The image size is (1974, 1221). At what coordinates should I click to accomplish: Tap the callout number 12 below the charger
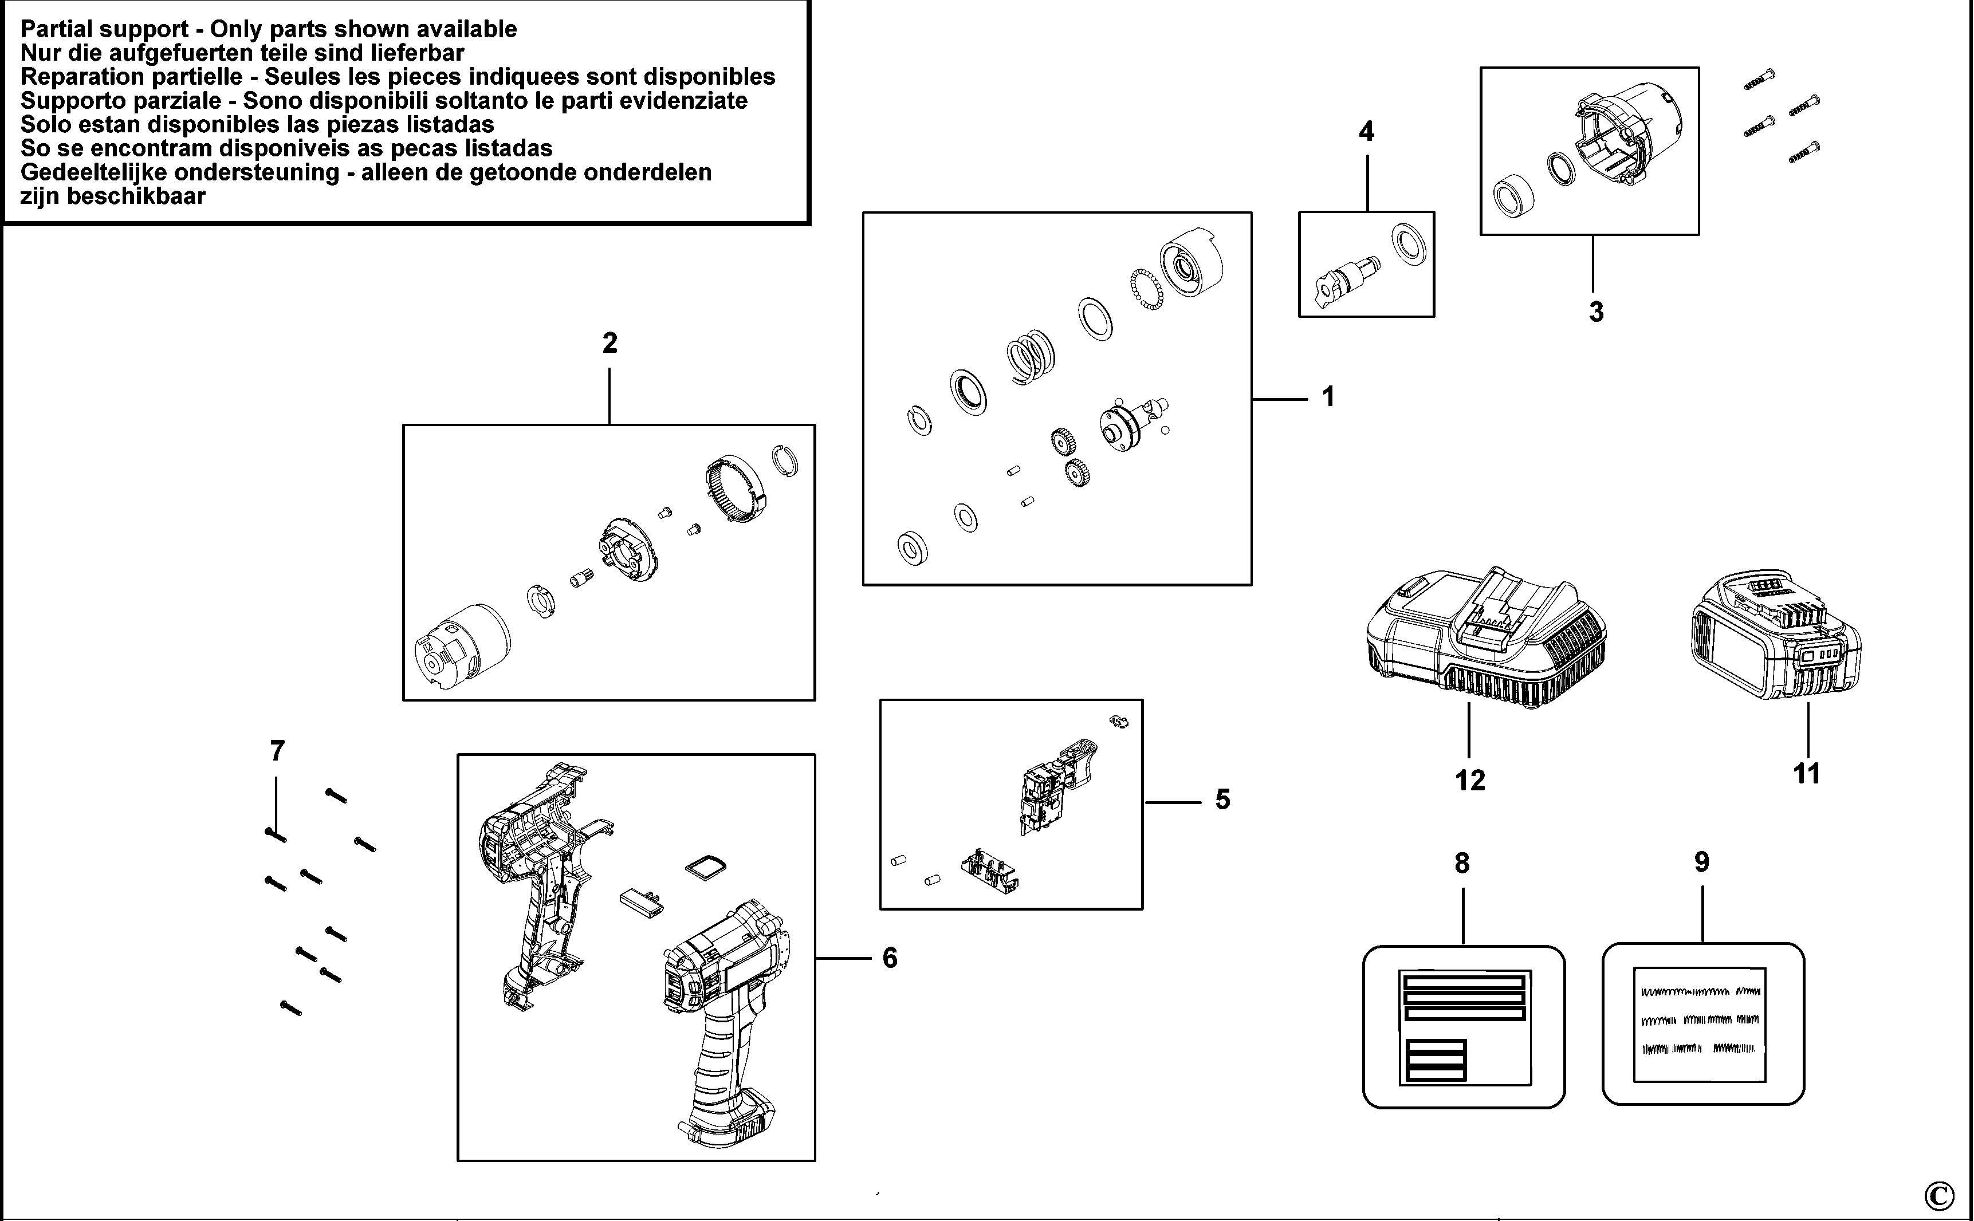(1470, 780)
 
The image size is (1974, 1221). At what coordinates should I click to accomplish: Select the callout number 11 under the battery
(1807, 774)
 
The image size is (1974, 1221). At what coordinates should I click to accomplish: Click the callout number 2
(610, 343)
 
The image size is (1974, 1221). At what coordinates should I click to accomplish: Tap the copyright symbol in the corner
(1939, 1194)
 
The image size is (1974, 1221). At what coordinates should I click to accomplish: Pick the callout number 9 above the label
(1702, 862)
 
